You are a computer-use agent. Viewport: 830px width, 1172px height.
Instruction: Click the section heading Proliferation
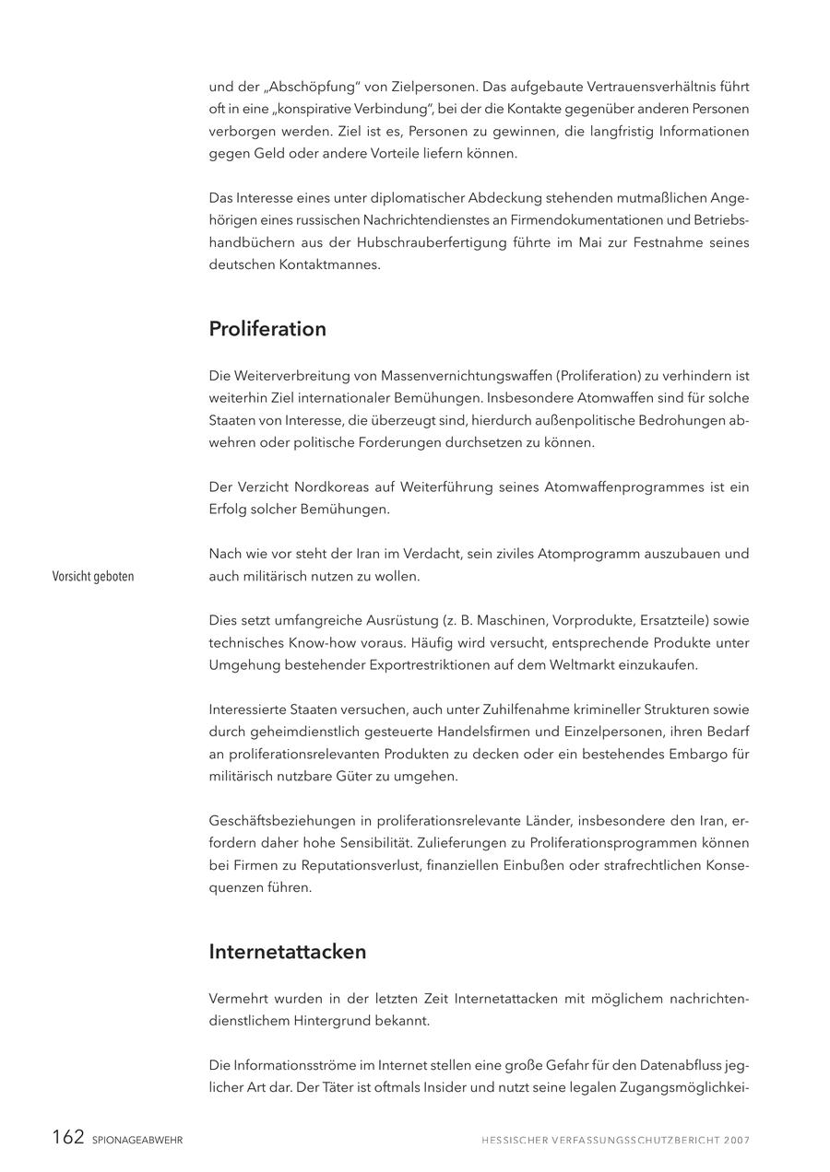(x=267, y=329)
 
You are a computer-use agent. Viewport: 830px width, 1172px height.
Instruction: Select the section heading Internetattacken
(x=288, y=952)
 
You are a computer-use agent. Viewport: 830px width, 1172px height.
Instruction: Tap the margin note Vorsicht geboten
(x=93, y=577)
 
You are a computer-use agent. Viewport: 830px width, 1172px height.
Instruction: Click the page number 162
(x=68, y=1138)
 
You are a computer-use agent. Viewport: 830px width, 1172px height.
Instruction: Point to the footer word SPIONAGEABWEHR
(x=137, y=1141)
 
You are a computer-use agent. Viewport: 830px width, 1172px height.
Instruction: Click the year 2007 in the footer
(x=737, y=1141)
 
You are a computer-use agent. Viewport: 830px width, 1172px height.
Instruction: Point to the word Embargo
(x=701, y=754)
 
